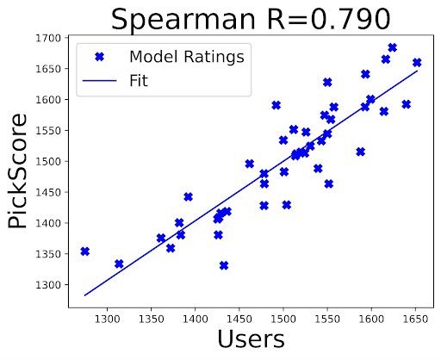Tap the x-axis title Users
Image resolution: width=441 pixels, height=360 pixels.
point(250,338)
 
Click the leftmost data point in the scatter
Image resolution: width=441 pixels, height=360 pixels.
point(84,251)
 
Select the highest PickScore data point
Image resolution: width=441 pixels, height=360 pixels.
point(392,47)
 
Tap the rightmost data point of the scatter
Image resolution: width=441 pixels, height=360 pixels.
point(417,62)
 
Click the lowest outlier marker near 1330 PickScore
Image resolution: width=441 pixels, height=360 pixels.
point(224,265)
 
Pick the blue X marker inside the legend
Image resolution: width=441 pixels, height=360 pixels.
point(98,57)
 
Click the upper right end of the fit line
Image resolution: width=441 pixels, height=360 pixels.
point(417,71)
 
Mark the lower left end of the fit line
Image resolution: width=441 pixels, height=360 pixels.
point(84,295)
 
